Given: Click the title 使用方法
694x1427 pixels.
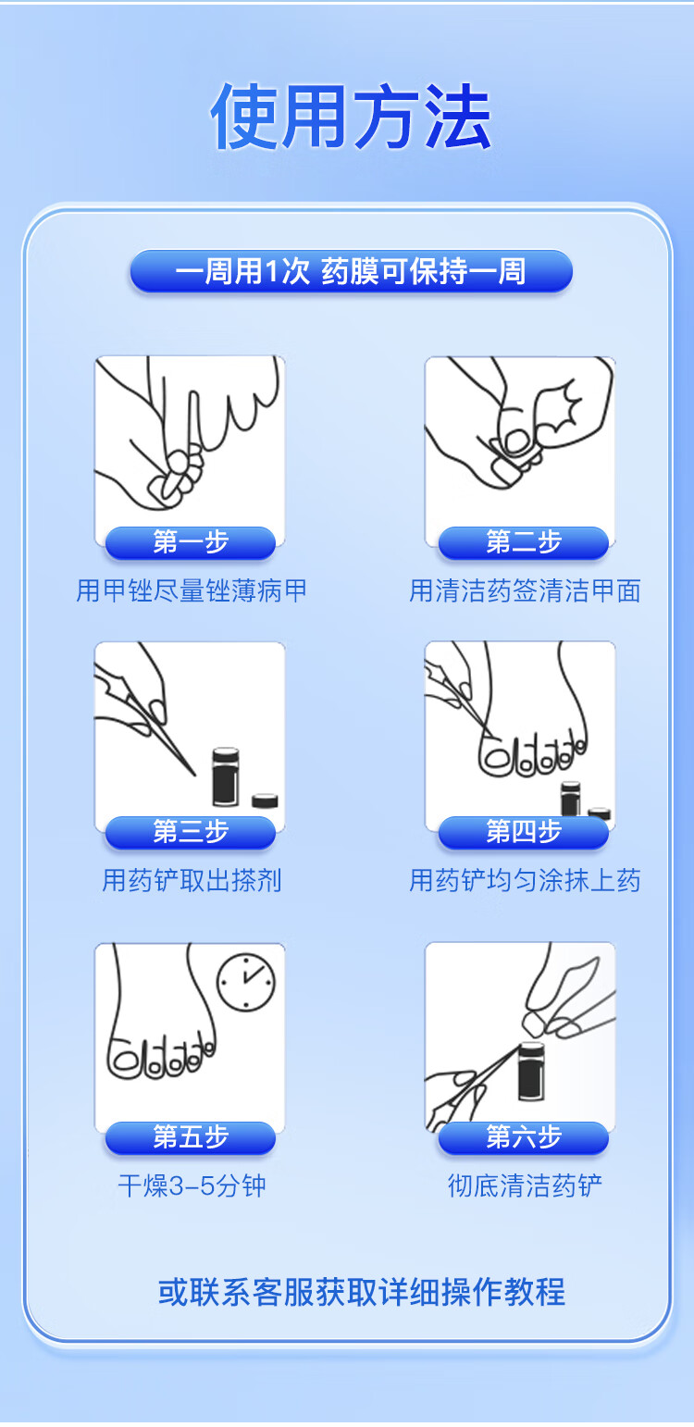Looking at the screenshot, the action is (x=351, y=118).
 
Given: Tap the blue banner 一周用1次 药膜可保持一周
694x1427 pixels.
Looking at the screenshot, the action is (x=351, y=271).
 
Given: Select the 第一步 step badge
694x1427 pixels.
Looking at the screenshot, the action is (x=191, y=543).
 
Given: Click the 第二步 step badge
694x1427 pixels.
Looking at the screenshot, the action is (x=523, y=543).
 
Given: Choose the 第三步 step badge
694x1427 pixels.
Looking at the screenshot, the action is (x=191, y=832).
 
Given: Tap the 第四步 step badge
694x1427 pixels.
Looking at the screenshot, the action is (x=523, y=832).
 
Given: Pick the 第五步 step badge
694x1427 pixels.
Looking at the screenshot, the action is (x=191, y=1137).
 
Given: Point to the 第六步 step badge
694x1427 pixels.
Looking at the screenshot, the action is (x=523, y=1137).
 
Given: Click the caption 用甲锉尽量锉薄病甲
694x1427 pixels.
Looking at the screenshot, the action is (x=192, y=590).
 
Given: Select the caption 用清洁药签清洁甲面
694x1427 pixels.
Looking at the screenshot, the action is (x=525, y=590).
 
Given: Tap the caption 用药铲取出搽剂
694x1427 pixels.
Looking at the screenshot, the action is (x=192, y=880).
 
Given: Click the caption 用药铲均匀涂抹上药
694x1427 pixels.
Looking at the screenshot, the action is (x=525, y=880).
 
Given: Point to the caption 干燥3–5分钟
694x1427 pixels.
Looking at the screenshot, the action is (x=192, y=1185).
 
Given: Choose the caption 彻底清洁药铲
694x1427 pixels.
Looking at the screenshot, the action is (x=525, y=1185).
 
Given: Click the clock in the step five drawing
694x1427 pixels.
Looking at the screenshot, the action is (x=246, y=983).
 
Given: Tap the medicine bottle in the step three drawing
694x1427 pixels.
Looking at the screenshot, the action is (x=226, y=776).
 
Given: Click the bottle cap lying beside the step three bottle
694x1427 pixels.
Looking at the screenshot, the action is (x=265, y=800).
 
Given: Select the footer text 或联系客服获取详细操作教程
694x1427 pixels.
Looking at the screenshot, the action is (x=361, y=1292).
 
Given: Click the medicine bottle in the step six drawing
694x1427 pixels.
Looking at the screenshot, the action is (x=531, y=1071).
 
